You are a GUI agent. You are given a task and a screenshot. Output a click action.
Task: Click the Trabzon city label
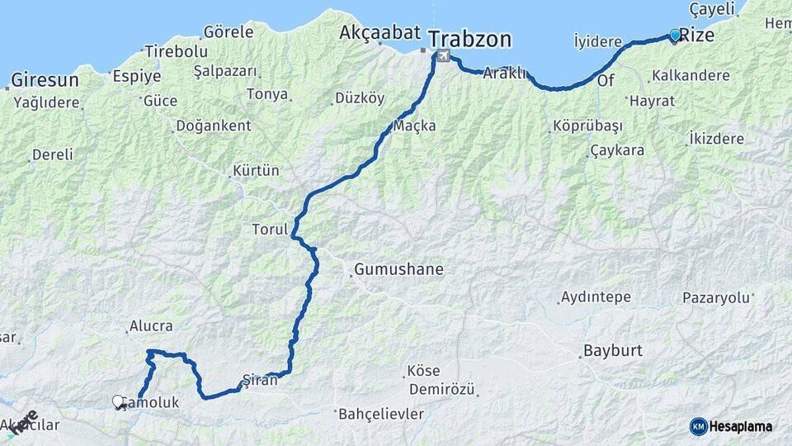pyautogui.click(x=470, y=39)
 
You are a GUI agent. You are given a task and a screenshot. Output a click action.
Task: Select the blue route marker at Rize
pyautogui.click(x=675, y=36)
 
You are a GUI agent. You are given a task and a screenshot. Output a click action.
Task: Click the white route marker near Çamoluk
pyautogui.click(x=119, y=402)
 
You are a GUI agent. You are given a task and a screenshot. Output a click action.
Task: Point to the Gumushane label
pyautogui.click(x=398, y=269)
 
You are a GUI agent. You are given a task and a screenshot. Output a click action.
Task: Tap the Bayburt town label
pyautogui.click(x=612, y=350)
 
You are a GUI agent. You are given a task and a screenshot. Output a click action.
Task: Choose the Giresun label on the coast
pyautogui.click(x=45, y=80)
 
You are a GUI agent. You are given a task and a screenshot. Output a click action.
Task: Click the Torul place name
pyautogui.click(x=269, y=229)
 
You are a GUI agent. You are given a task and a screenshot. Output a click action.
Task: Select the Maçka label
pyautogui.click(x=414, y=126)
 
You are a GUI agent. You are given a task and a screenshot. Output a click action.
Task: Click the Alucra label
pyautogui.click(x=151, y=326)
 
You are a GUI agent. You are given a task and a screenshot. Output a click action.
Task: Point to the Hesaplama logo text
pyautogui.click(x=742, y=426)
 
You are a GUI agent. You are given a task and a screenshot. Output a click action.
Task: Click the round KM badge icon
pyautogui.click(x=698, y=426)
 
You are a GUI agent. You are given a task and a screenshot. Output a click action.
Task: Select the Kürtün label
pyautogui.click(x=257, y=171)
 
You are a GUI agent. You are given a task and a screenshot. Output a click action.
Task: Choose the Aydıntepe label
pyautogui.click(x=596, y=297)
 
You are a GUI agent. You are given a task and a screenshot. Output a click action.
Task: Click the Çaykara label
pyautogui.click(x=617, y=150)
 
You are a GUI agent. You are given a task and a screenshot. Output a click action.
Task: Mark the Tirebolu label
pyautogui.click(x=176, y=52)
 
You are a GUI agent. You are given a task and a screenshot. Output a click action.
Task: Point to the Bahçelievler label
pyautogui.click(x=381, y=413)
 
